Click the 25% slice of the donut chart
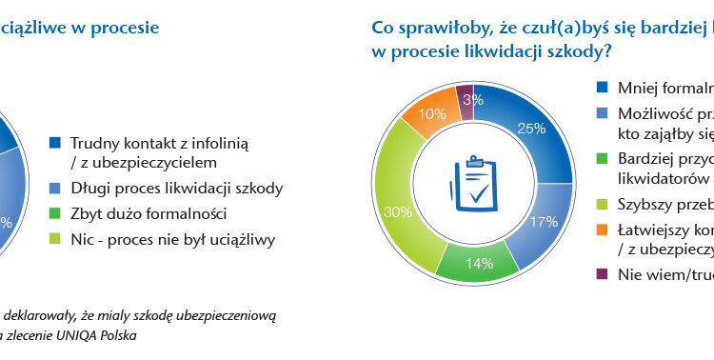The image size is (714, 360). pyautogui.click(x=529, y=125)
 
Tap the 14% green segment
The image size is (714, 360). pyautogui.click(x=478, y=258)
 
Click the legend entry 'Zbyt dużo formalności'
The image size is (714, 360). pyautogui.click(x=148, y=213)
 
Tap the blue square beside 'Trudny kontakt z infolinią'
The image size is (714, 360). pyautogui.click(x=54, y=142)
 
